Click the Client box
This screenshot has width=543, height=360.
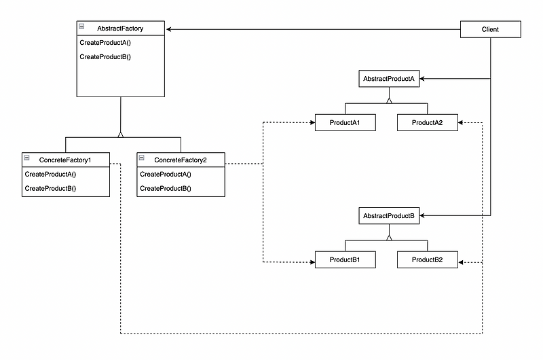point(490,29)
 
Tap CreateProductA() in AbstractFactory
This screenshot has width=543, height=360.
point(105,43)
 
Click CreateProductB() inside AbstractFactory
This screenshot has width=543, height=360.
point(105,57)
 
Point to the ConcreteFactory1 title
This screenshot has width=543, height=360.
point(66,159)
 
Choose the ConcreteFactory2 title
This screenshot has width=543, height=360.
point(181,159)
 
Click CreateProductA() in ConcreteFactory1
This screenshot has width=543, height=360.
point(50,174)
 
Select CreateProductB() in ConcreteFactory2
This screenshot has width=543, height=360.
point(166,187)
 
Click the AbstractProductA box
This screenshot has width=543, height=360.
point(389,79)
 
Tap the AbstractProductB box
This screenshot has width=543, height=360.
point(389,216)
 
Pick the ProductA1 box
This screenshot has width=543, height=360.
point(345,123)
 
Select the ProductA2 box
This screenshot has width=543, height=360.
point(427,123)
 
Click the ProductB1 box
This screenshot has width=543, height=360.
point(345,260)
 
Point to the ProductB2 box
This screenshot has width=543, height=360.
point(427,260)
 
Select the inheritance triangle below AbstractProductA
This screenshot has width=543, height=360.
point(389,99)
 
